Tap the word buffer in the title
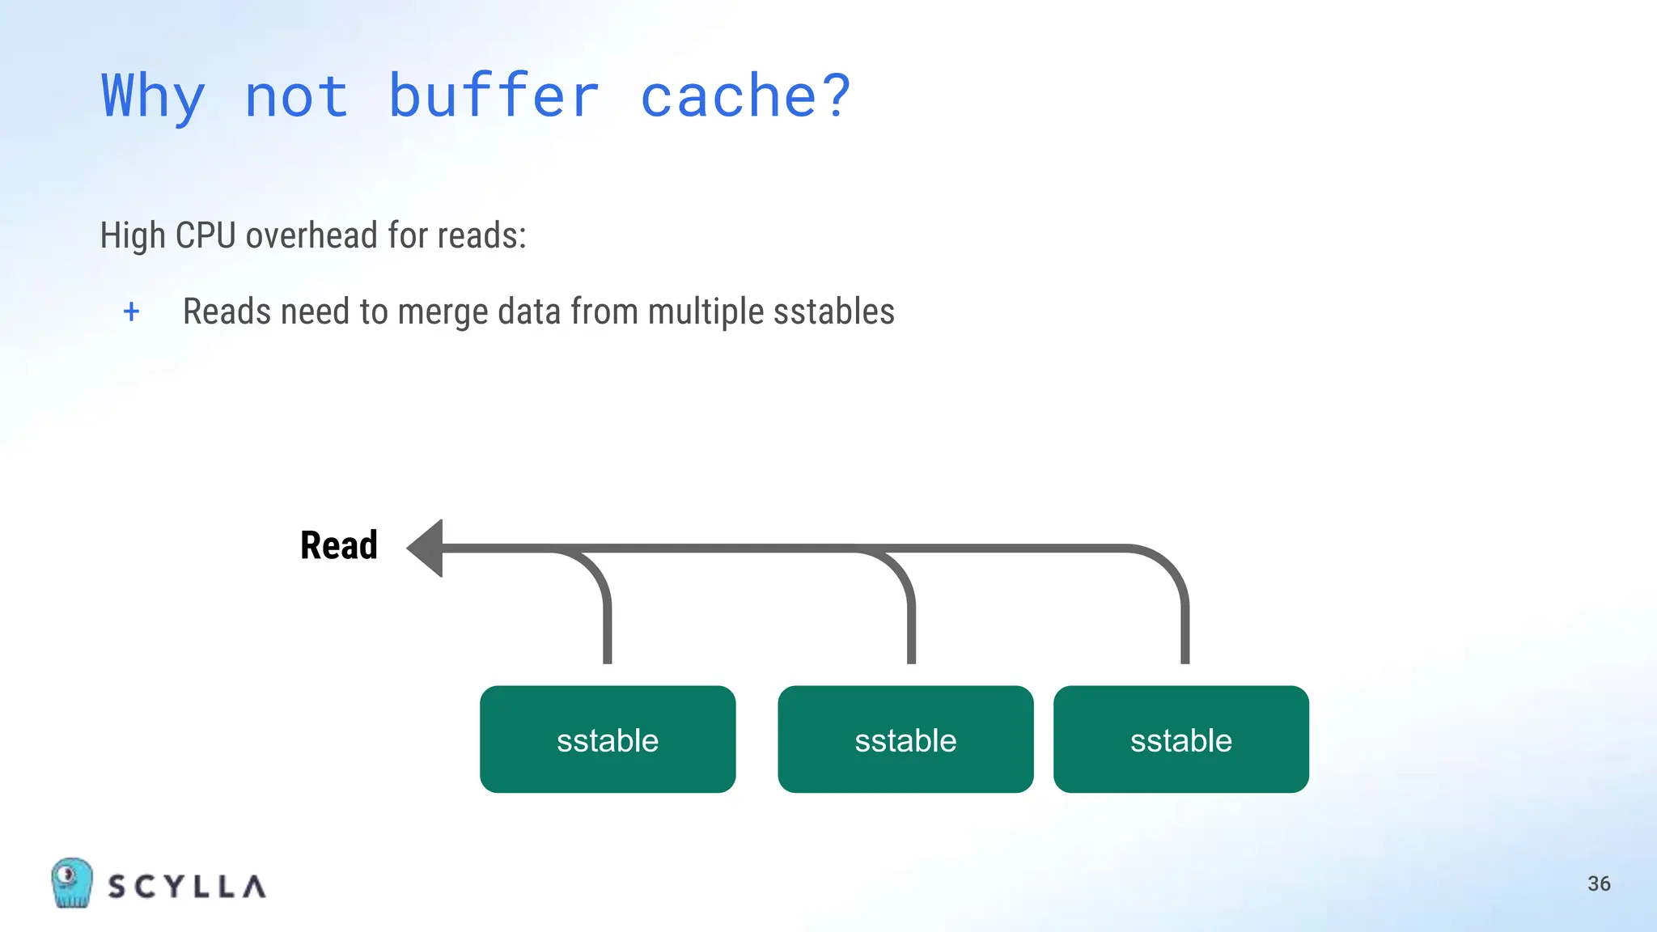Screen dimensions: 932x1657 (494, 95)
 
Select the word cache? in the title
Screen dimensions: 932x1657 (745, 95)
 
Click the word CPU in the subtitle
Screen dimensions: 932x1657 (206, 235)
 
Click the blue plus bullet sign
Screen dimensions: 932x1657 (131, 311)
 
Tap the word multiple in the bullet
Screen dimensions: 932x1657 (706, 311)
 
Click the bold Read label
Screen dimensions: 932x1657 (339, 545)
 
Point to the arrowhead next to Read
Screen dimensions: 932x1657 (427, 549)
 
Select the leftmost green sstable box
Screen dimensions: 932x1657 (608, 739)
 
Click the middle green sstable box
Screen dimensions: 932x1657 (905, 739)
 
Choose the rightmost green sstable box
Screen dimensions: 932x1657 (1180, 739)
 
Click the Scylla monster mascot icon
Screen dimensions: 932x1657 (71, 883)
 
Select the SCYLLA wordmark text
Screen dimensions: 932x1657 (187, 887)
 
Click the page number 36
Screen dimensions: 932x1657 (1599, 883)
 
